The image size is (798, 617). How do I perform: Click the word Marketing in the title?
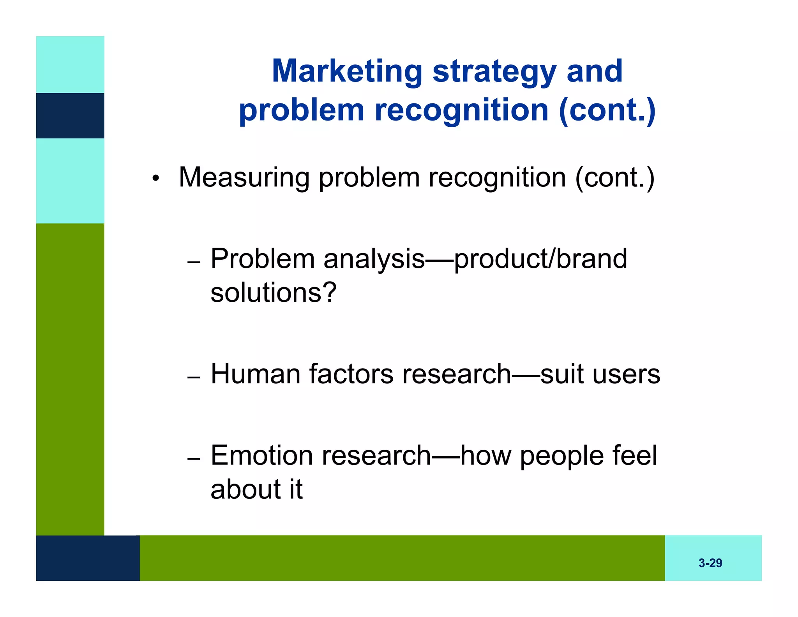point(347,71)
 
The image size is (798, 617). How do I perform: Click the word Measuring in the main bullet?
point(244,178)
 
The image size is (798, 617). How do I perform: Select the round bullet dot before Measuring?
point(155,179)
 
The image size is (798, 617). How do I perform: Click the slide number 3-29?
point(710,563)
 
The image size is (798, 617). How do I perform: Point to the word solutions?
point(273,293)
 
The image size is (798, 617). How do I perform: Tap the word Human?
point(255,374)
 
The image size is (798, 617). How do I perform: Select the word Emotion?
point(261,455)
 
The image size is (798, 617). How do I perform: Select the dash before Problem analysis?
point(193,262)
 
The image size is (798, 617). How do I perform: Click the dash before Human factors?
point(193,378)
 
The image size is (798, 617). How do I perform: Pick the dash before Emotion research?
point(193,459)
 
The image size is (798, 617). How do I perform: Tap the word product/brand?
point(540,259)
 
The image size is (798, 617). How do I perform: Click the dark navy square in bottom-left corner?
point(88,558)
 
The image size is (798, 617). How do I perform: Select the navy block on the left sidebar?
point(70,115)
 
